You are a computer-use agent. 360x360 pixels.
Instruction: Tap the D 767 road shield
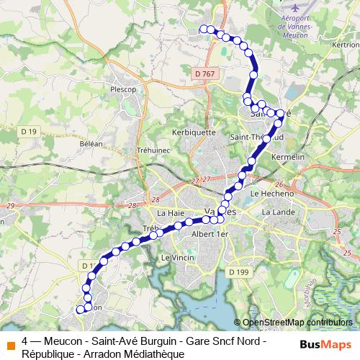(204, 73)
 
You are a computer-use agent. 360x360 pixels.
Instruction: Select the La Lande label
(276, 212)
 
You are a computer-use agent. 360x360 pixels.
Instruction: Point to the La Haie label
(171, 213)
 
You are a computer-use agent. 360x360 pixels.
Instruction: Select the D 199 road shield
(239, 271)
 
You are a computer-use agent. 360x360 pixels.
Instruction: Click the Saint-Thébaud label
(256, 137)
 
